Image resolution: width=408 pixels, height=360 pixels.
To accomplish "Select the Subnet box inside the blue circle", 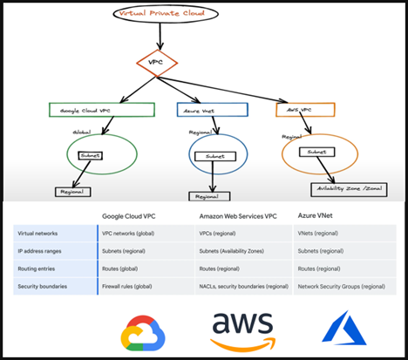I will click(x=215, y=157).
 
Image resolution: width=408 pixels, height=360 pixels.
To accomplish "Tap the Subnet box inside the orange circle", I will click(x=317, y=152).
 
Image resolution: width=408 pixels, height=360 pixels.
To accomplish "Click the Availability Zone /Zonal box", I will click(x=345, y=187).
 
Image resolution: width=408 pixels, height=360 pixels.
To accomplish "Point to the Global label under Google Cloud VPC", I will click(x=83, y=132).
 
